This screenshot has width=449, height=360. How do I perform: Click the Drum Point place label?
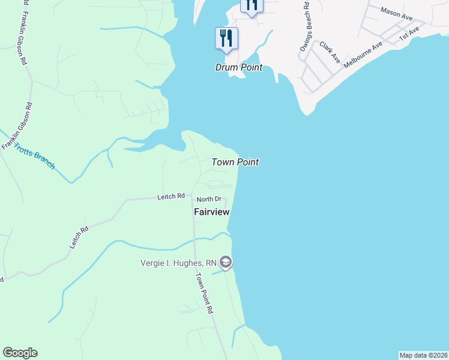click(x=239, y=67)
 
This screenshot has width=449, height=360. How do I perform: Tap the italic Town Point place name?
click(x=235, y=162)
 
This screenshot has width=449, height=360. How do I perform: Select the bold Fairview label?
click(x=212, y=212)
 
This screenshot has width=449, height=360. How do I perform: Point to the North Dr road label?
click(x=209, y=199)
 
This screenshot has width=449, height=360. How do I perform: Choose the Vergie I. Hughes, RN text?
click(x=178, y=262)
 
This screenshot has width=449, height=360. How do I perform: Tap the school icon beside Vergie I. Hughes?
click(x=226, y=262)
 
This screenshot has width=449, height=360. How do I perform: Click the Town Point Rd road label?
click(x=205, y=294)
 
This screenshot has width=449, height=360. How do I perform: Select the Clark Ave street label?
click(x=330, y=53)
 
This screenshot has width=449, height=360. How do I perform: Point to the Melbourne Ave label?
click(x=363, y=55)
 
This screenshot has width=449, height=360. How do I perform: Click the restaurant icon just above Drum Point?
click(x=226, y=38)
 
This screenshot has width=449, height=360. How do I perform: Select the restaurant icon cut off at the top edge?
click(x=252, y=5)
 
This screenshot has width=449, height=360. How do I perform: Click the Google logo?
click(x=20, y=353)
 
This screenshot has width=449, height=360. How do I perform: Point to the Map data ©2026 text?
click(x=423, y=355)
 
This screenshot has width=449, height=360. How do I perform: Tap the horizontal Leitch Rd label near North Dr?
click(x=170, y=196)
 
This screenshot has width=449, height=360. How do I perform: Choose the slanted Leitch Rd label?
click(x=79, y=237)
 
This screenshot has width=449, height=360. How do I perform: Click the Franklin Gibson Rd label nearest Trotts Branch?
click(x=16, y=126)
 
